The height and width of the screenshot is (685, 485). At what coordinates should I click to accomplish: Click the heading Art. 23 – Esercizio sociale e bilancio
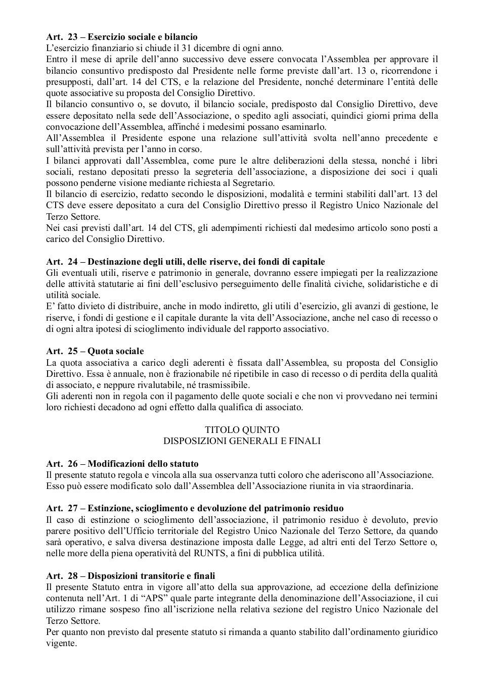[121, 37]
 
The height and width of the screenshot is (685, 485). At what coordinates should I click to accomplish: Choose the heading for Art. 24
[185, 262]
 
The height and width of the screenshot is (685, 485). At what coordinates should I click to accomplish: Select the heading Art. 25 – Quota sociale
[95, 351]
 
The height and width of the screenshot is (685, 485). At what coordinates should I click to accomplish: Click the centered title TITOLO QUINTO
[242, 430]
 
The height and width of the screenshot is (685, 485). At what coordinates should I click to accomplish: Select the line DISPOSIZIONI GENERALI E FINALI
[242, 441]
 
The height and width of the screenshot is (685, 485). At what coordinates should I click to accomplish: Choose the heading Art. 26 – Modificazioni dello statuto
[122, 464]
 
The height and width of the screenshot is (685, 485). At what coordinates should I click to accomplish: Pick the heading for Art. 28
[130, 576]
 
